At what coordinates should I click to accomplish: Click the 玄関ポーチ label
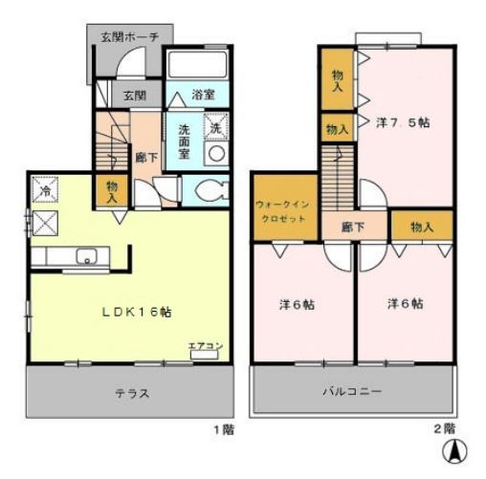134,37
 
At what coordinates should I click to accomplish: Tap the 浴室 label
201,95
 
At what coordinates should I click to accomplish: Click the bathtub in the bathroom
198,65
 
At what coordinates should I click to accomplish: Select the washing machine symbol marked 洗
216,127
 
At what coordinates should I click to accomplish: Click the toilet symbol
210,189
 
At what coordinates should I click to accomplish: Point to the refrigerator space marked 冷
44,191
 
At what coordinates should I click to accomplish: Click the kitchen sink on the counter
86,256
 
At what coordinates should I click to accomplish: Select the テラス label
133,393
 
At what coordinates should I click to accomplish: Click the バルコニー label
353,392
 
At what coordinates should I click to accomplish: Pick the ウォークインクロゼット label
282,211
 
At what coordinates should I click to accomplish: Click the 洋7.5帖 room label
402,122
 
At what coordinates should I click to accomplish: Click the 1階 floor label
222,429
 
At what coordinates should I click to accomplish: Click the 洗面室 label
186,139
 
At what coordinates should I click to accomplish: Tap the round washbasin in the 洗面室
217,154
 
